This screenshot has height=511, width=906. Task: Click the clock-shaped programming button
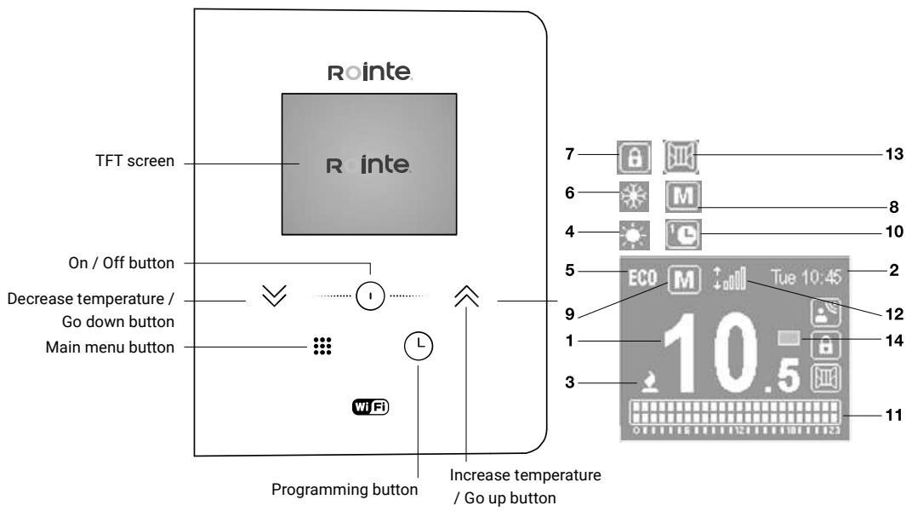click(419, 345)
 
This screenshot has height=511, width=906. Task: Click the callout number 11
click(881, 415)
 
